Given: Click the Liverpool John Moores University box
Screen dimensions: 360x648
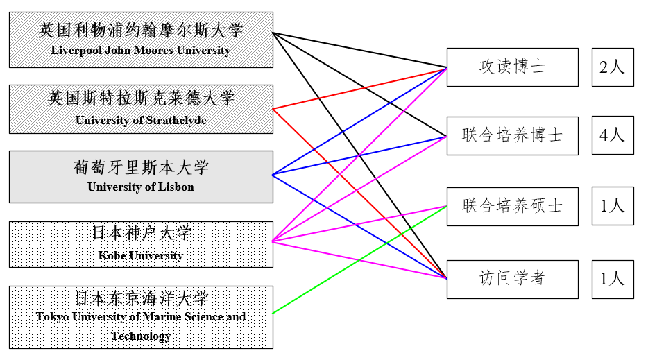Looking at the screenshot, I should [x=141, y=40].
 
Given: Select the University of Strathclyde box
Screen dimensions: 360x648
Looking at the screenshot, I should [x=141, y=108].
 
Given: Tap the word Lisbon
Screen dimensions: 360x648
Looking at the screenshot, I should [x=176, y=187].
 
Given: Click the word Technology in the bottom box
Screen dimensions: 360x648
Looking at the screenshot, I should [x=141, y=336].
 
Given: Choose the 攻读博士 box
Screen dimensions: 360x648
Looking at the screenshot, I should [x=512, y=67].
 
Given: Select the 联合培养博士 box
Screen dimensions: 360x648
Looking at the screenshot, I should [x=512, y=135].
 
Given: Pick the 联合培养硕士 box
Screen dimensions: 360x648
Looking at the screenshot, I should [x=512, y=206].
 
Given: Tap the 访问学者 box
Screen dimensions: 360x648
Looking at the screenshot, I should [x=512, y=279].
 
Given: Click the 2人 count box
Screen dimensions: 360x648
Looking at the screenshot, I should [x=613, y=67].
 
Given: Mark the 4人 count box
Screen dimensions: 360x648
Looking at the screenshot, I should [x=613, y=135].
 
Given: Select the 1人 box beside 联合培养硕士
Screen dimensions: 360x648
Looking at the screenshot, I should [x=613, y=206].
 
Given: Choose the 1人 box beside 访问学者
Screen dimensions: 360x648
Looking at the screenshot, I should [x=613, y=279].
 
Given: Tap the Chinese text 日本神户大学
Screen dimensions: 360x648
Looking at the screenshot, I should [x=141, y=232].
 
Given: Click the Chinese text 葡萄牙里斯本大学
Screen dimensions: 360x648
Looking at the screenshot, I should [x=141, y=167].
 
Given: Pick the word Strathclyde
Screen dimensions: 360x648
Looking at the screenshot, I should [x=176, y=120].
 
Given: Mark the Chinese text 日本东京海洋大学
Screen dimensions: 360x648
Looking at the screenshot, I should [x=141, y=298].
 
